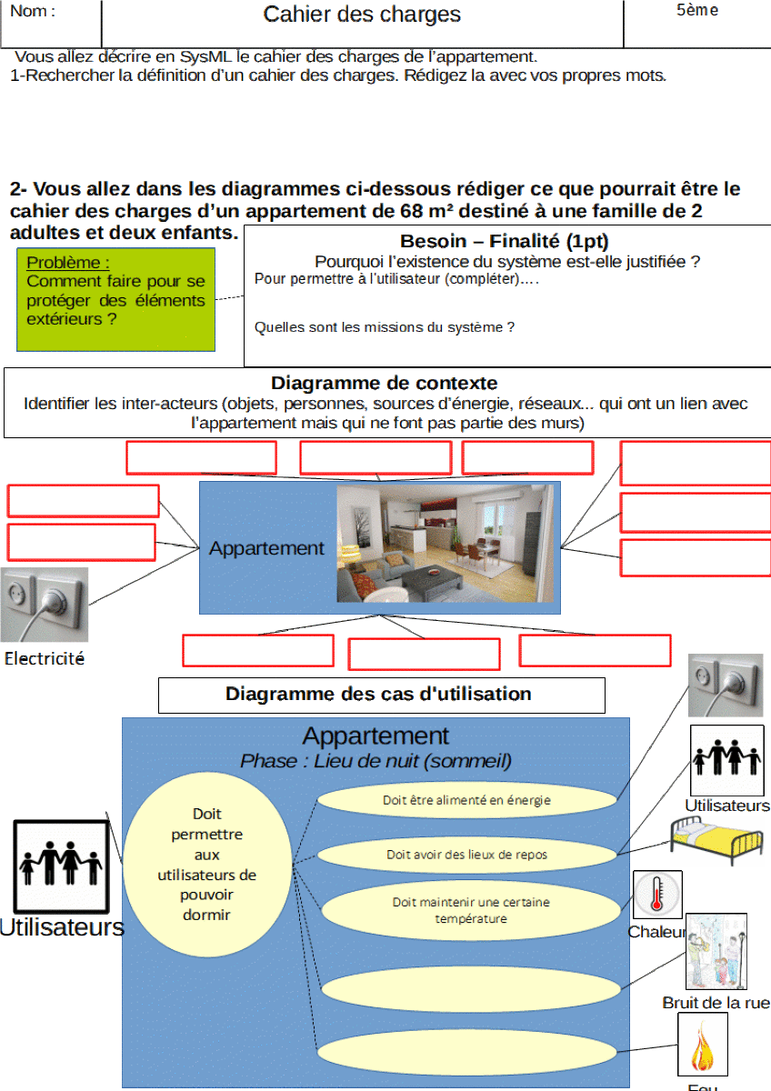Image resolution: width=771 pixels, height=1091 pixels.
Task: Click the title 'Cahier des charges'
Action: point(362,15)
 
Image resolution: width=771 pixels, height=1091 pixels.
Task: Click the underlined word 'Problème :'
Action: point(68,263)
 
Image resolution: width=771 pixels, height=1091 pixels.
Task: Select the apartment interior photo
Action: point(445,543)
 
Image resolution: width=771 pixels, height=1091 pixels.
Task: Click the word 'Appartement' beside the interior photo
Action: point(266,548)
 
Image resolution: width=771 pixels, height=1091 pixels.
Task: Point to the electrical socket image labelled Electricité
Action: point(45,605)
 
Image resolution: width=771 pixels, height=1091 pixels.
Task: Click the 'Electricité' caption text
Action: point(45,659)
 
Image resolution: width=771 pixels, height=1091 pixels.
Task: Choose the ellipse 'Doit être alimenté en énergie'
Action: point(467,800)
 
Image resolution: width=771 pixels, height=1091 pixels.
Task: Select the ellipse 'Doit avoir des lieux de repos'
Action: point(467,855)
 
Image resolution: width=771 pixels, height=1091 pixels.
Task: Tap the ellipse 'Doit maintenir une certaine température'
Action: point(471,910)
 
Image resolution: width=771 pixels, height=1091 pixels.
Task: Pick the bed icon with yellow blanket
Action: point(716,840)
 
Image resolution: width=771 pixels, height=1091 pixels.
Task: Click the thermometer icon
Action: point(656,895)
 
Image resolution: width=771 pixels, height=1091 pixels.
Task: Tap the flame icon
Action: point(703,1046)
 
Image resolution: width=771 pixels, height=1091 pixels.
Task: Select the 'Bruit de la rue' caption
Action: point(716,1003)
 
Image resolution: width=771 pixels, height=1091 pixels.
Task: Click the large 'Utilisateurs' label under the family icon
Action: point(61,927)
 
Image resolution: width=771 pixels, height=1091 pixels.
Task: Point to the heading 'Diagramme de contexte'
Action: point(385,383)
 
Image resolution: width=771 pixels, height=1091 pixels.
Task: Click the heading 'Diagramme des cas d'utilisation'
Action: point(378,695)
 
